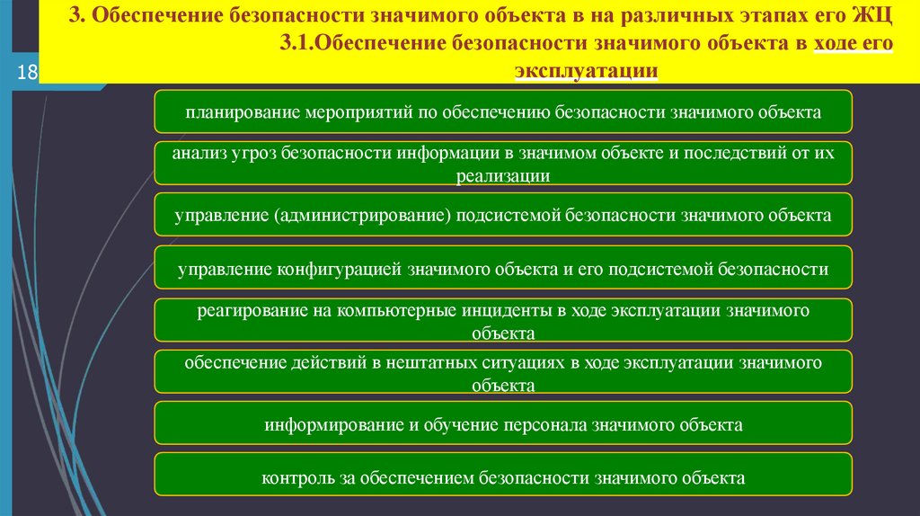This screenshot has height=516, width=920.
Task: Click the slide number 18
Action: click(x=25, y=73)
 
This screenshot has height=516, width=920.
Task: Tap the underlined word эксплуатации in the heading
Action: click(x=587, y=70)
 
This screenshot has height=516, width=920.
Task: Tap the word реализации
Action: click(x=502, y=176)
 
